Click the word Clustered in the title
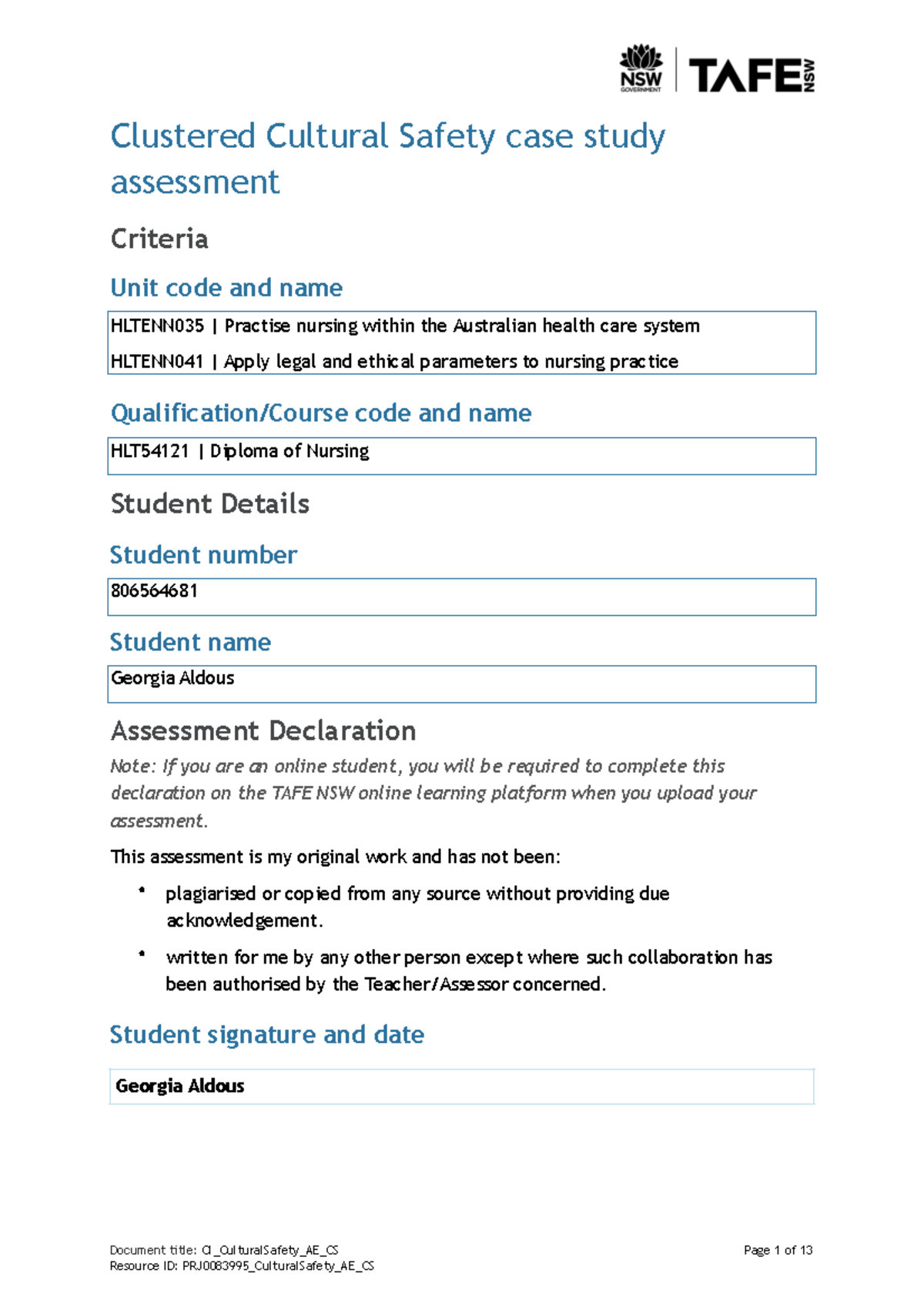click(182, 137)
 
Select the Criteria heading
click(159, 239)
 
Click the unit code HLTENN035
click(157, 326)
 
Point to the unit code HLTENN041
click(157, 362)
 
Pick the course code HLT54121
click(149, 451)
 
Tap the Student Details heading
click(209, 503)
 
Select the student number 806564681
click(154, 591)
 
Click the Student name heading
click(190, 642)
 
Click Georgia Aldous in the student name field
click(172, 678)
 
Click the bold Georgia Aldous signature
click(180, 1086)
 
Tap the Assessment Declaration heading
click(263, 730)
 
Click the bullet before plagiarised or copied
click(142, 890)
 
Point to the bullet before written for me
click(142, 954)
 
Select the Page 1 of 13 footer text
click(778, 1250)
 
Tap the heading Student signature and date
click(266, 1035)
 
